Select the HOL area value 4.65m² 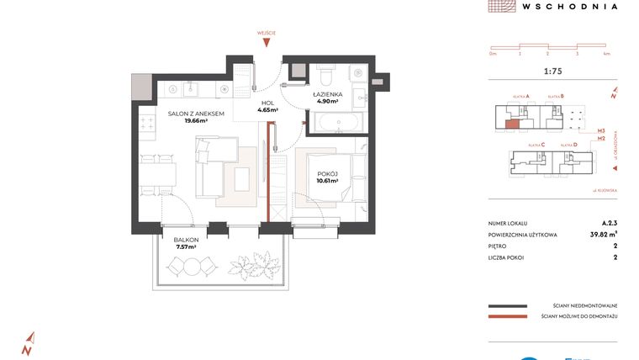click(267, 109)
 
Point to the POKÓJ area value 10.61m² click(326, 180)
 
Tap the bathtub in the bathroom click(337, 123)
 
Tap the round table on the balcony click(193, 267)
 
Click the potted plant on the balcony click(251, 267)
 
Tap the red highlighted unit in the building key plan click(512, 124)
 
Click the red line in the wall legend click(506, 317)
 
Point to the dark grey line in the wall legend click(506, 306)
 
